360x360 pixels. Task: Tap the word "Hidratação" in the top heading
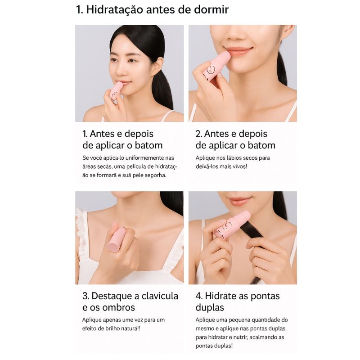coord(115,10)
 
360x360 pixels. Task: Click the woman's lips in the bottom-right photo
coord(240,201)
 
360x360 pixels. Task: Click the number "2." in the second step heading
coord(199,134)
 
